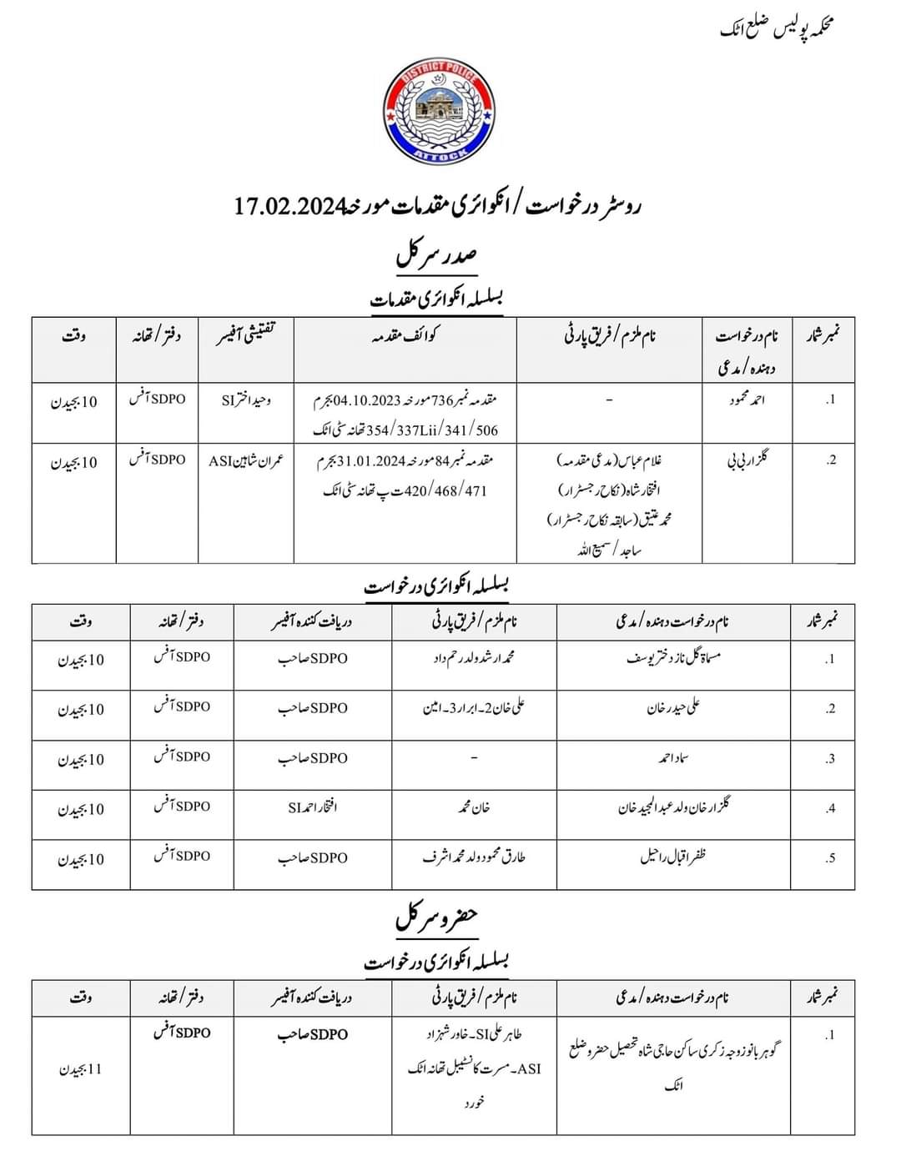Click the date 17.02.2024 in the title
click(289, 206)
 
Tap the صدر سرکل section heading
click(436, 254)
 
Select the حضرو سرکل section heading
click(436, 917)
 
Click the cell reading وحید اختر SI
click(246, 400)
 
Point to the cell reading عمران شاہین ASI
click(246, 460)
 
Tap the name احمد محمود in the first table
click(747, 400)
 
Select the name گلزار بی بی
click(747, 460)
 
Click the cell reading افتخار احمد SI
click(312, 807)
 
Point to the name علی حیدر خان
click(673, 708)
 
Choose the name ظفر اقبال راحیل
click(673, 857)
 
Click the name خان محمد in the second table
click(473, 807)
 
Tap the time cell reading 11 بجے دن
click(81, 1069)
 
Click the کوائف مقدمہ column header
click(405, 335)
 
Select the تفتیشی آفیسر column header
click(246, 335)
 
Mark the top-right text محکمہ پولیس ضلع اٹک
click(778, 28)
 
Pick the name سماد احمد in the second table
click(673, 758)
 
